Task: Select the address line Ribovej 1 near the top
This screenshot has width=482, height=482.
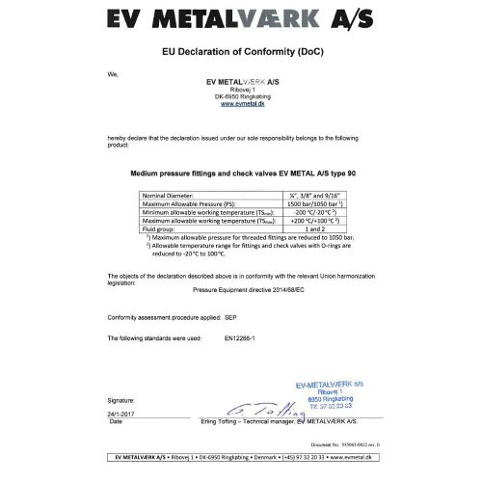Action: (240, 90)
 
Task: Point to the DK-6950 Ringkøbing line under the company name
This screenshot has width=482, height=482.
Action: (240, 97)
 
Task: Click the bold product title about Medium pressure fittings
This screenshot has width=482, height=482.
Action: (241, 175)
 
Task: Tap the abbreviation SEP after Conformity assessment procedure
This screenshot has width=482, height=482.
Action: (229, 315)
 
